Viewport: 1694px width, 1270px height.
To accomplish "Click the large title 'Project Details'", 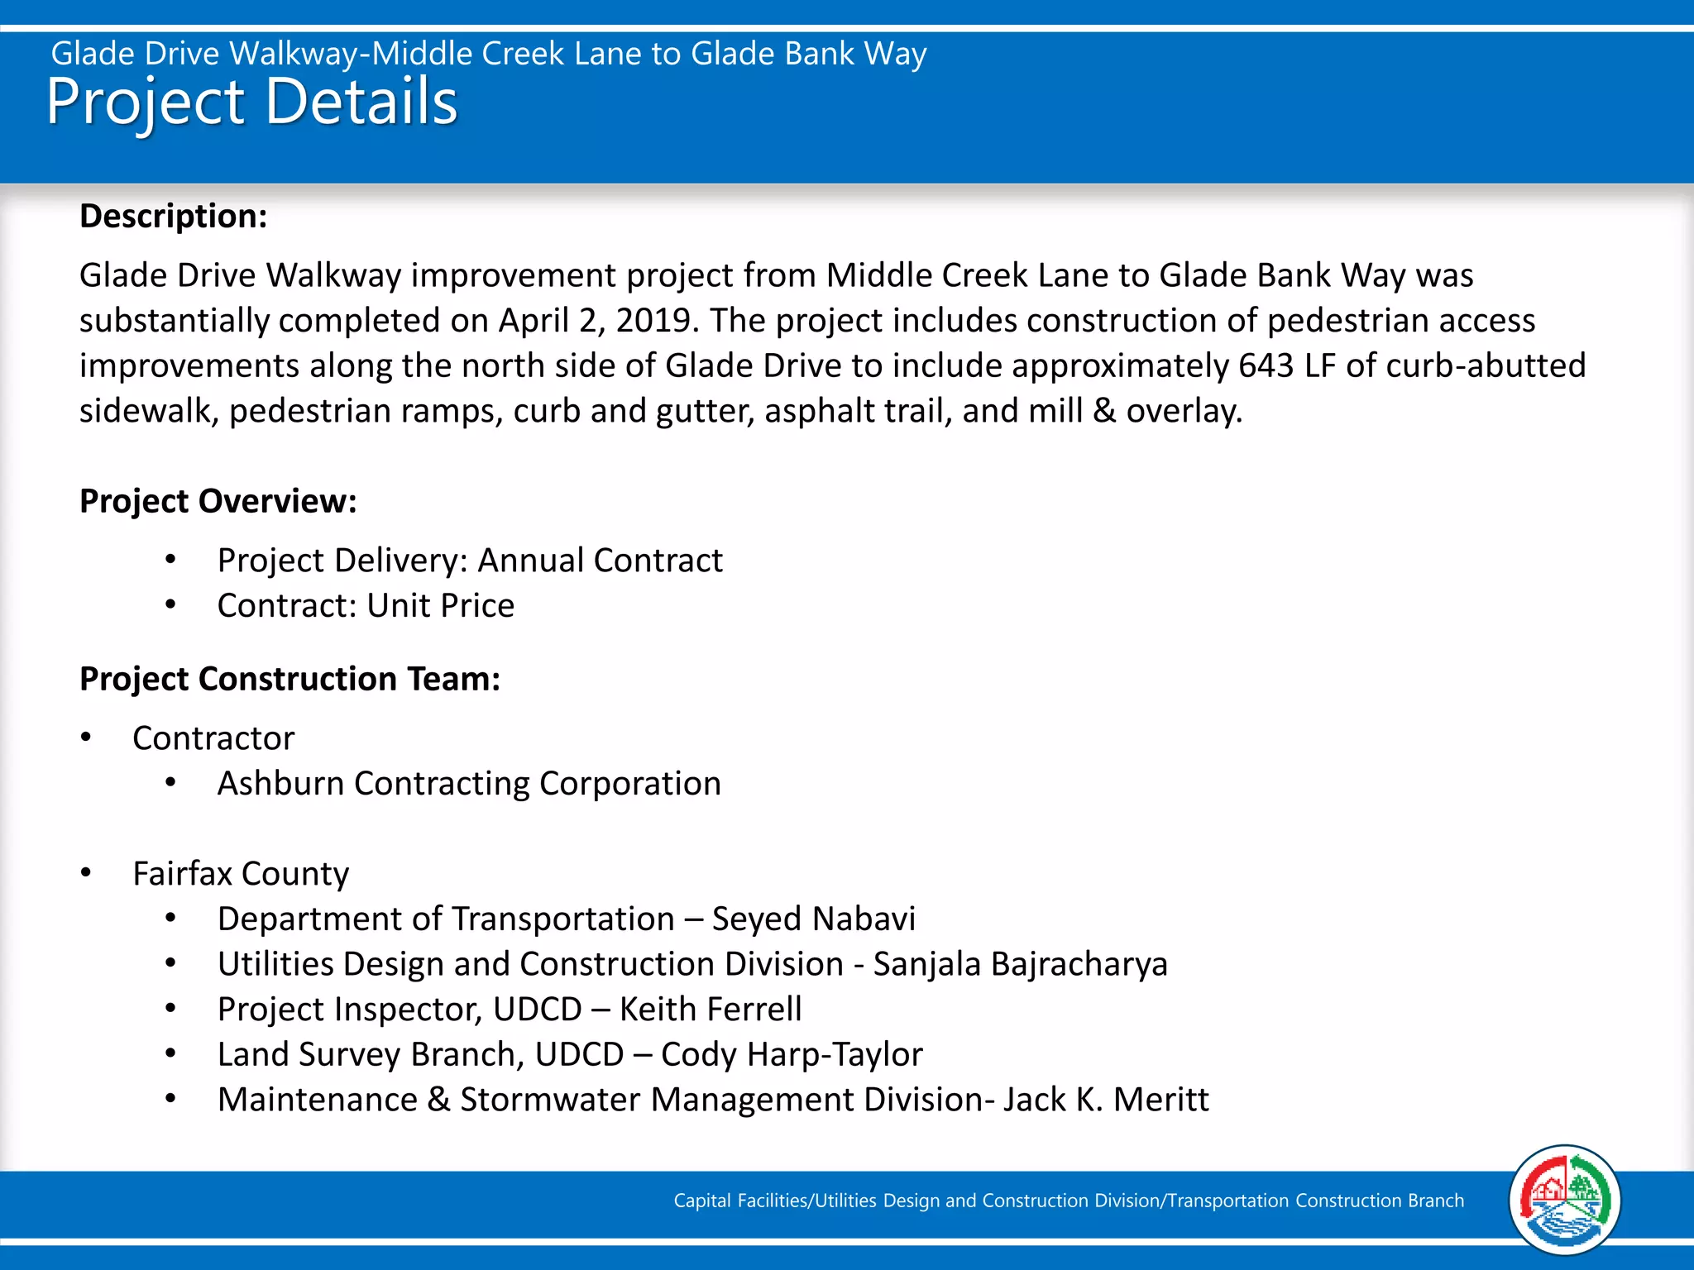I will click(251, 103).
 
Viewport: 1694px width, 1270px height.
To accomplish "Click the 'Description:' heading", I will click(174, 217).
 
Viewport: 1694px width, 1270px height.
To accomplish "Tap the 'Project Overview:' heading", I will click(218, 502).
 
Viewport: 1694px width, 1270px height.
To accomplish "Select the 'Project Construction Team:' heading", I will click(290, 680).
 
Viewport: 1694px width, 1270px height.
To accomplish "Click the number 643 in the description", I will click(1266, 365).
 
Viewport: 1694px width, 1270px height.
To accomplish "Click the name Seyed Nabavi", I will click(814, 919).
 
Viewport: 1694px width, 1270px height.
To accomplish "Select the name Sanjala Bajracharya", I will click(1021, 965).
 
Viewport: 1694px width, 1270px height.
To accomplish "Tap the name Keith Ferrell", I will click(711, 1010).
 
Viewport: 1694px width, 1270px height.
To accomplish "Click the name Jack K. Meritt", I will click(1106, 1101).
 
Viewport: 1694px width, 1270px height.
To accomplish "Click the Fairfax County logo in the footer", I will click(1564, 1201).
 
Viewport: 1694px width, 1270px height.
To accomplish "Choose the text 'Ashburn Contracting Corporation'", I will click(469, 784).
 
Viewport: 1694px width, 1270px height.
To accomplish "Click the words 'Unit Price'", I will click(441, 606).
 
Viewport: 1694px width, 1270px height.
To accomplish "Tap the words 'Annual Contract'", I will click(601, 561).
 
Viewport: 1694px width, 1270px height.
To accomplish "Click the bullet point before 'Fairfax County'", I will click(86, 873).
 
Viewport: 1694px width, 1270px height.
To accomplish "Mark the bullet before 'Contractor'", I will click(86, 738).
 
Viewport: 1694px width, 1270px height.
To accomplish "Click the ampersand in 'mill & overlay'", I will click(1103, 411).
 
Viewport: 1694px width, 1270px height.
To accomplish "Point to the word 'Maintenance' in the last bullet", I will click(318, 1101).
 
